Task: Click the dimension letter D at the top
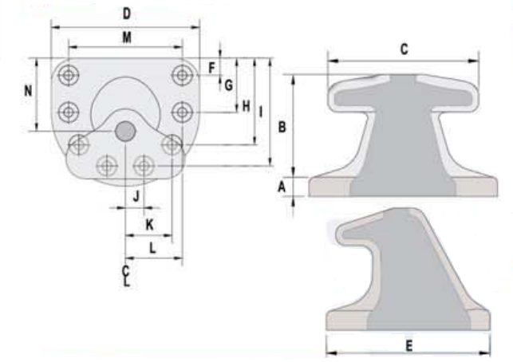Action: [127, 14]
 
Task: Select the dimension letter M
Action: [127, 37]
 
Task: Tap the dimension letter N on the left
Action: [29, 91]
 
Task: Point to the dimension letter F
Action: [211, 68]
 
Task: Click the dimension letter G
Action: [229, 85]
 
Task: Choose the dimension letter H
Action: [246, 106]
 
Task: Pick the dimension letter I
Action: [261, 112]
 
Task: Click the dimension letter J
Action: [136, 196]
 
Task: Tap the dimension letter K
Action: [149, 225]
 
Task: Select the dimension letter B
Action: [282, 127]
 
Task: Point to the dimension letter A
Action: [282, 187]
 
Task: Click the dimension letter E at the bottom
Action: [409, 345]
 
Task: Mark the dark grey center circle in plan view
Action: [125, 131]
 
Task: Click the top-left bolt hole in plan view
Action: [69, 75]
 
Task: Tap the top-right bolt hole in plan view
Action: [182, 75]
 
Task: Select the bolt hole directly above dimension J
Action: [144, 166]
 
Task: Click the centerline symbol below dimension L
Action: [126, 277]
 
